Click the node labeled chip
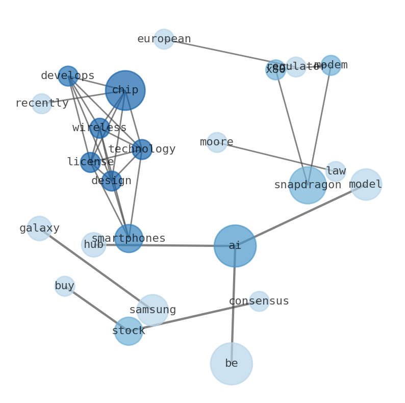click(x=125, y=90)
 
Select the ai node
click(x=235, y=246)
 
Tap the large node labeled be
click(x=231, y=364)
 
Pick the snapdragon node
click(x=307, y=185)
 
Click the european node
click(x=164, y=39)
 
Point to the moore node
click(x=217, y=142)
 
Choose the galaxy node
click(x=39, y=229)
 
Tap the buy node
click(x=65, y=286)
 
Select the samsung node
click(x=153, y=310)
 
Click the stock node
click(x=129, y=331)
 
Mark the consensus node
click(x=259, y=301)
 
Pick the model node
click(x=366, y=185)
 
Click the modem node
click(x=331, y=65)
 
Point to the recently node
click(x=42, y=104)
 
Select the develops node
click(x=68, y=76)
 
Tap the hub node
click(x=93, y=245)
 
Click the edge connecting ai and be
click(x=233, y=306)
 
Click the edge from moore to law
click(x=275, y=157)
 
